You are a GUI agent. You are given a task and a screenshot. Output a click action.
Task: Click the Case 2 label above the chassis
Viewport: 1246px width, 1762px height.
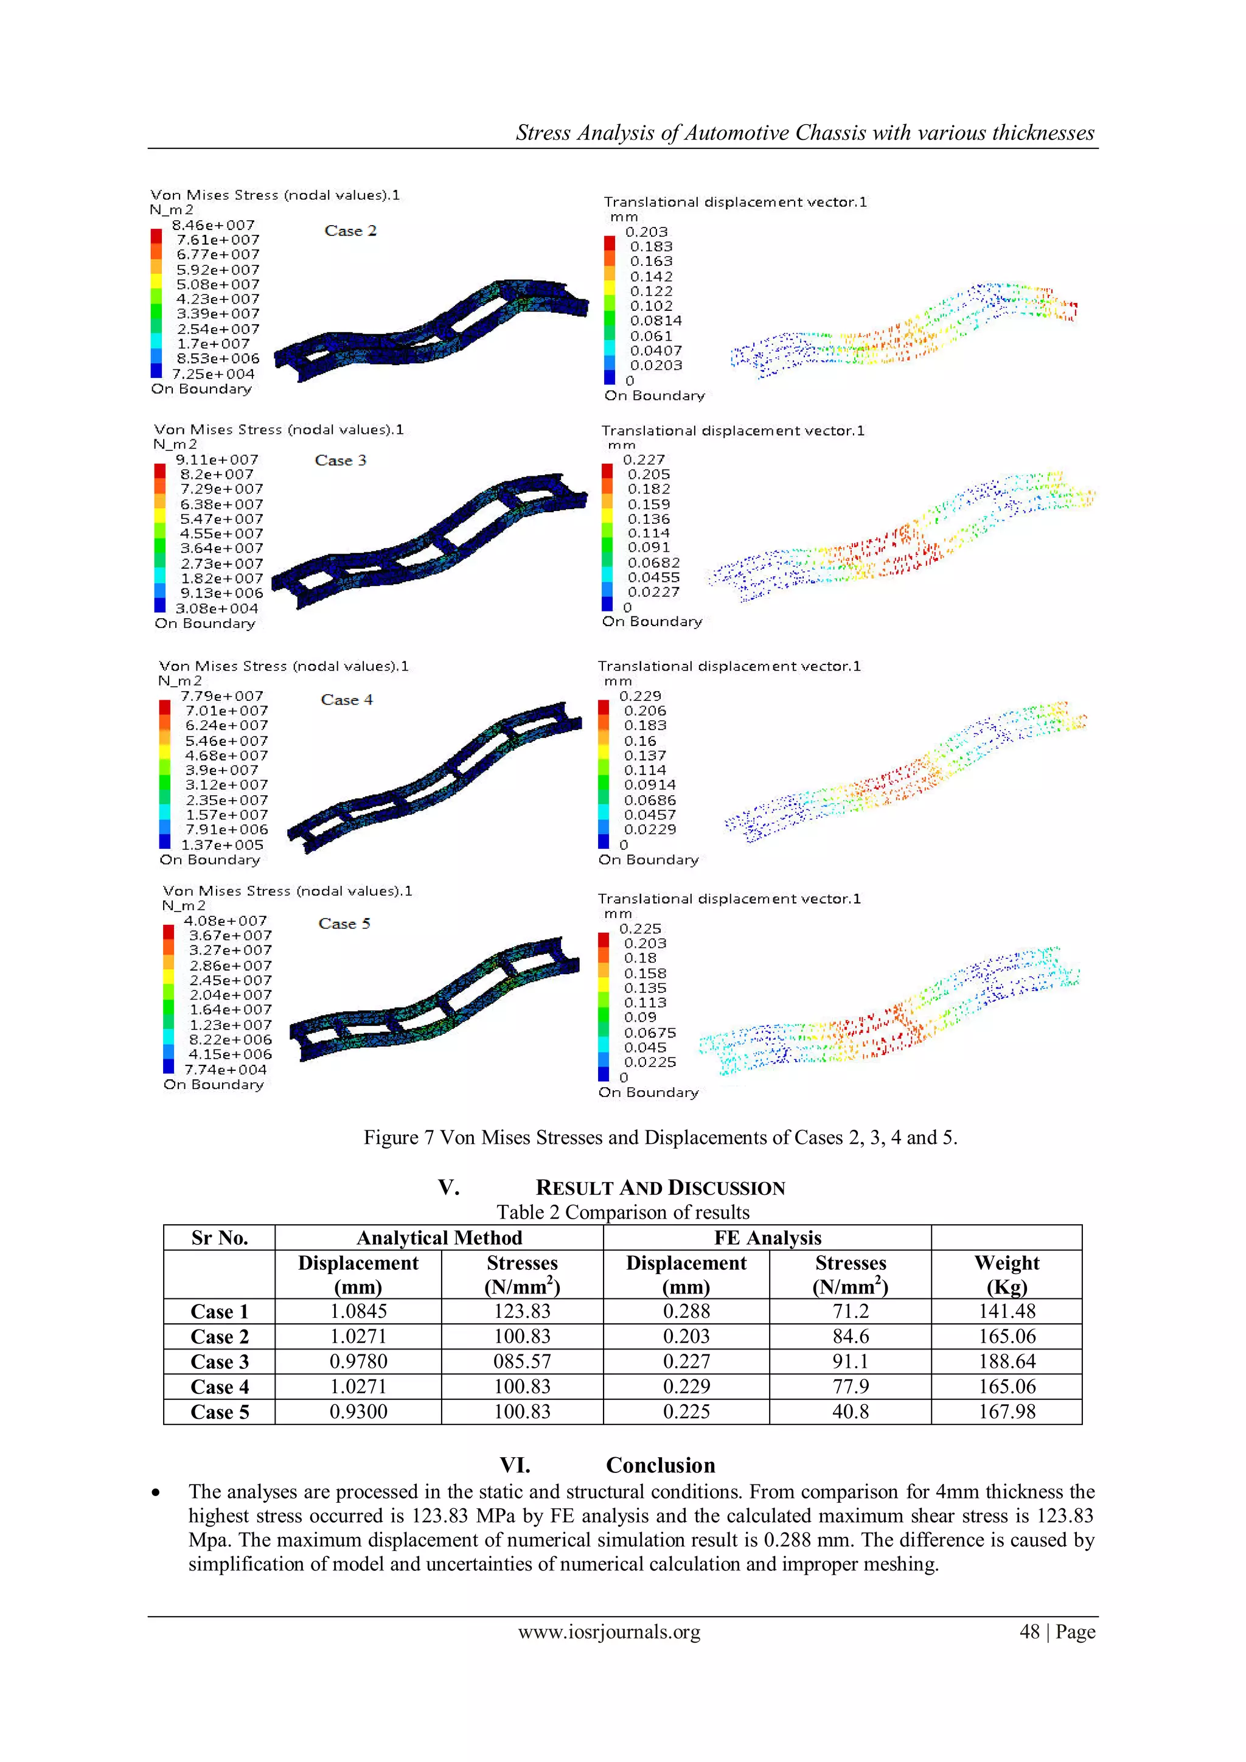[x=350, y=231]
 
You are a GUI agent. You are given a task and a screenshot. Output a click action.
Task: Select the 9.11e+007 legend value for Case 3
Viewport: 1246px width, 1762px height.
[x=217, y=460]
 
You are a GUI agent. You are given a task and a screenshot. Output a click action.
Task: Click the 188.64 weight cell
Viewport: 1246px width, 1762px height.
[x=1007, y=1362]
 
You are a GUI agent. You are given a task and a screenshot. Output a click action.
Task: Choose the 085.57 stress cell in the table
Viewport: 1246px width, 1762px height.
[x=522, y=1362]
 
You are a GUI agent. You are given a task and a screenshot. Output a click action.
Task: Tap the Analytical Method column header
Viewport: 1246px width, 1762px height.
[x=439, y=1238]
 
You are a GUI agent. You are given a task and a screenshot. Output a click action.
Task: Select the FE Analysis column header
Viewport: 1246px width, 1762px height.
[x=767, y=1238]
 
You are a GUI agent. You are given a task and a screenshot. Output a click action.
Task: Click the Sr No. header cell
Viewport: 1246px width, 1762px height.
[x=220, y=1238]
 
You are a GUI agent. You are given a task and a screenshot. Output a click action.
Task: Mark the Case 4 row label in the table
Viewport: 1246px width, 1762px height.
[x=220, y=1387]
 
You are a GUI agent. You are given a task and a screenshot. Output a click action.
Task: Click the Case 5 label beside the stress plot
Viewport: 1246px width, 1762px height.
[x=344, y=924]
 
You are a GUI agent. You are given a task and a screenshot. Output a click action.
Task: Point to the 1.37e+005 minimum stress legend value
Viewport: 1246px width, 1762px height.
[x=223, y=845]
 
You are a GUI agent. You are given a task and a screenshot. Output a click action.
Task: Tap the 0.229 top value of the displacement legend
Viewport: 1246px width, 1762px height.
[x=641, y=696]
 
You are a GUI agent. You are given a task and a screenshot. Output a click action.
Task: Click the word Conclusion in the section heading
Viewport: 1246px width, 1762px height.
[x=660, y=1465]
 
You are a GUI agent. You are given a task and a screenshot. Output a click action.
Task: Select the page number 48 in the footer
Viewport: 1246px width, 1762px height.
[x=1029, y=1632]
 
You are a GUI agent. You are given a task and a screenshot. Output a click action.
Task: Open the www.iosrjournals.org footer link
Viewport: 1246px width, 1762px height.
[x=609, y=1632]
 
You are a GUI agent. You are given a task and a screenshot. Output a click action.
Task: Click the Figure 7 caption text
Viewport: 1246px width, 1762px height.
[x=660, y=1137]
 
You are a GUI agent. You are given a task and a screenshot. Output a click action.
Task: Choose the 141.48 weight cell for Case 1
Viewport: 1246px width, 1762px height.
[x=1007, y=1312]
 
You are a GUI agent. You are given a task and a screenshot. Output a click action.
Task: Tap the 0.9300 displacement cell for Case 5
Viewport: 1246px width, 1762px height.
[x=358, y=1412]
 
